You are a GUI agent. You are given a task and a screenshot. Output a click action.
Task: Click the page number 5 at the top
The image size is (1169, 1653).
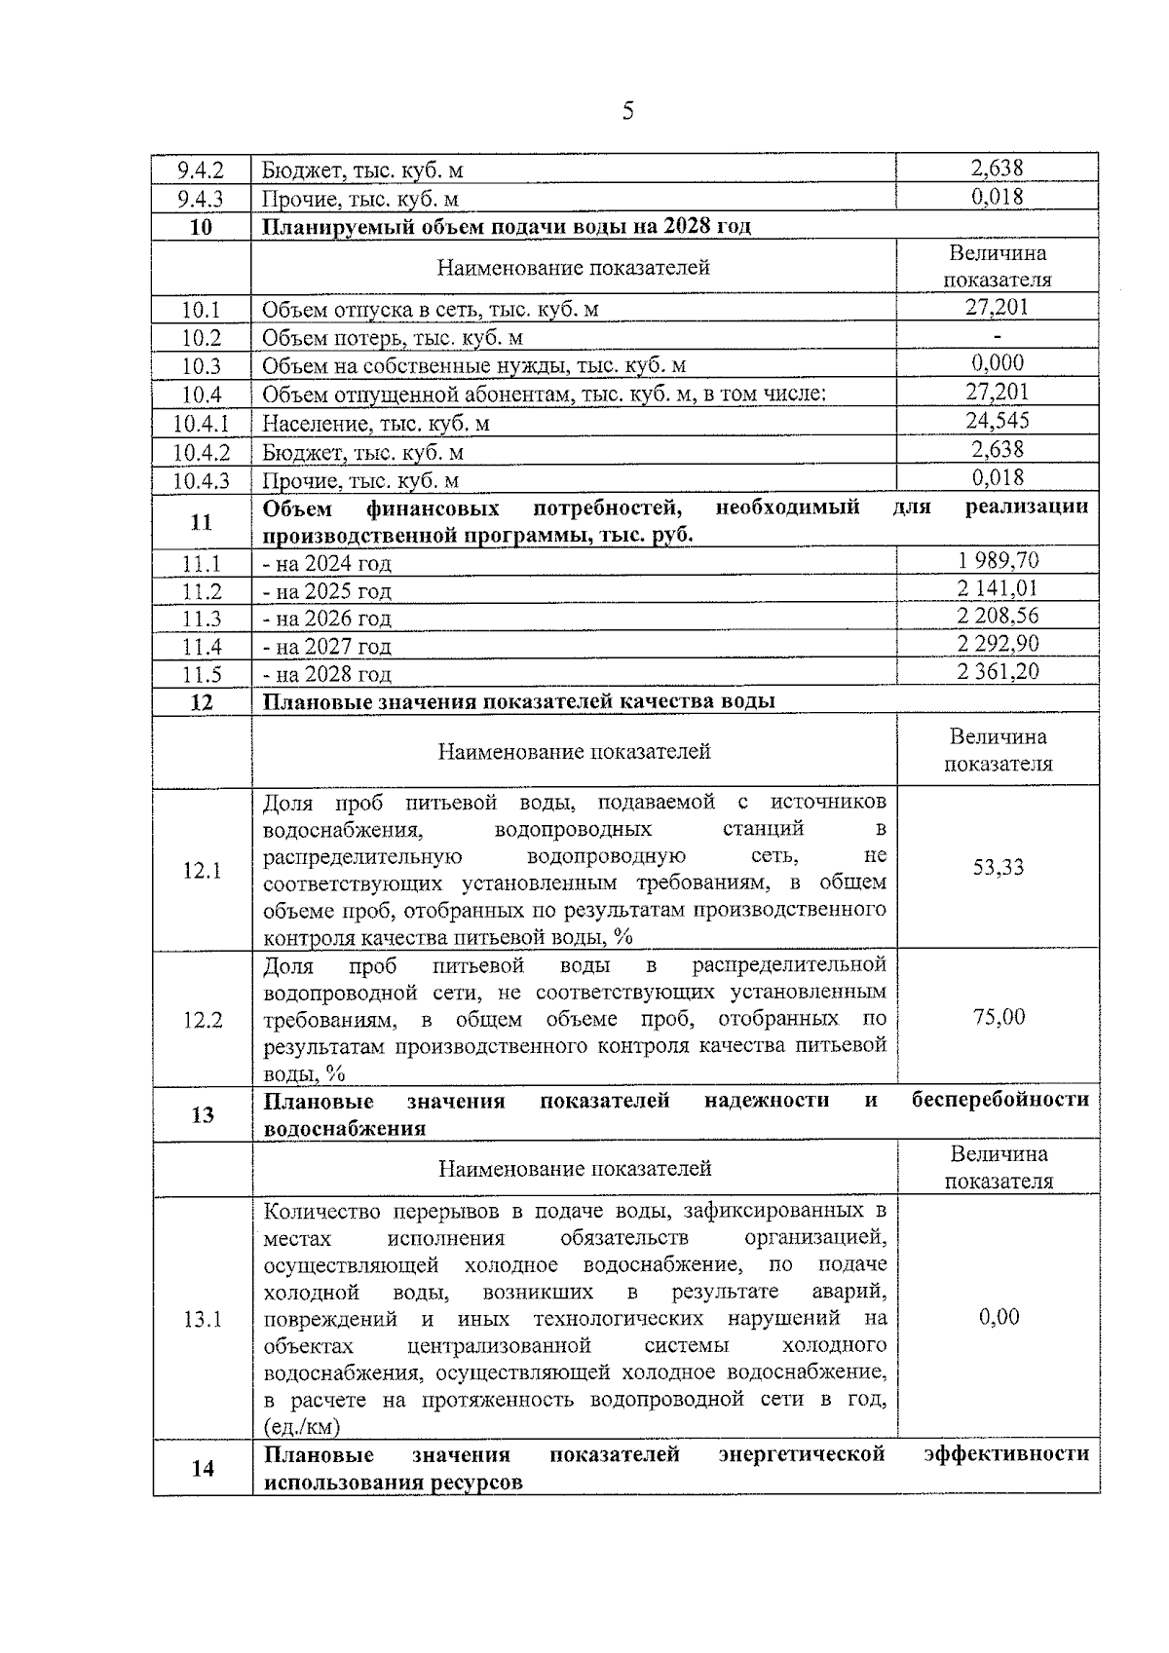tap(627, 111)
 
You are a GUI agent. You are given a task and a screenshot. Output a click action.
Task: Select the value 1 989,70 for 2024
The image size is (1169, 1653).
tap(998, 560)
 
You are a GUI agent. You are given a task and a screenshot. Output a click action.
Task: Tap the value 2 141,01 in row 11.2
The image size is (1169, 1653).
tap(998, 588)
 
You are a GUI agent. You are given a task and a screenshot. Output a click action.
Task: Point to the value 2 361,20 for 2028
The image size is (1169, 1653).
tap(998, 671)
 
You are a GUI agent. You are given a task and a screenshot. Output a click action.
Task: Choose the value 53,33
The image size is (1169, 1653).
tap(999, 867)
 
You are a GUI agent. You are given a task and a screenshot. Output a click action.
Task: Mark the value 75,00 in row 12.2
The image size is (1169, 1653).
tap(999, 1017)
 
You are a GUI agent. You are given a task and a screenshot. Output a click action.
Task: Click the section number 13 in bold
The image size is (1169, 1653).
tap(202, 1114)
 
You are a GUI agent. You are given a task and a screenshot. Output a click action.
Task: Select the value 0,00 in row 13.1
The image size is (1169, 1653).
tap(999, 1318)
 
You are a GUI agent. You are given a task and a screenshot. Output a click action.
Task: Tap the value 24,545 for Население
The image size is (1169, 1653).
tap(998, 421)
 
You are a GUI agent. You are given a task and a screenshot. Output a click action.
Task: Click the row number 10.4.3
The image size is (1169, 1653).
tap(202, 481)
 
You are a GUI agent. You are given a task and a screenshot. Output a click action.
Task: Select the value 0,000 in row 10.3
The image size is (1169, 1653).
tap(998, 363)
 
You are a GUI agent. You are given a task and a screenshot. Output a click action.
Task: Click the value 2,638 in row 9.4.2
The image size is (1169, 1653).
tap(998, 169)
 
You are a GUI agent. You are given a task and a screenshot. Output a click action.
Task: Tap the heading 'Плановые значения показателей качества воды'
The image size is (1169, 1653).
tap(519, 701)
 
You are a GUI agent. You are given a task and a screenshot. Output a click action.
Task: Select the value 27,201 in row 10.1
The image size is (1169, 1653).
tap(998, 308)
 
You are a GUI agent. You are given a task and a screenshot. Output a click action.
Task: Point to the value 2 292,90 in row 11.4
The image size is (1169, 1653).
tap(998, 644)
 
